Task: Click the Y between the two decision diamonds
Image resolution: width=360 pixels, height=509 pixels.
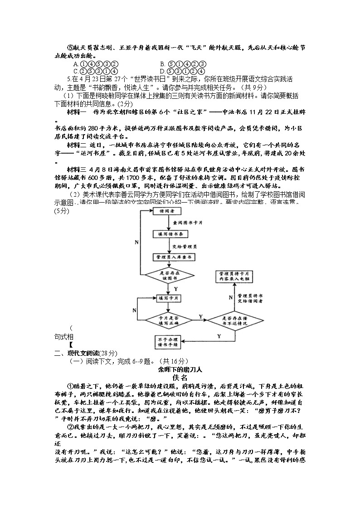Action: pyautogui.click(x=200, y=316)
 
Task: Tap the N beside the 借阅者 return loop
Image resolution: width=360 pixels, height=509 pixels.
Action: pyautogui.click(x=136, y=242)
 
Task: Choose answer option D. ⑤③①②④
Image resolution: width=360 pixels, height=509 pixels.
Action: pyautogui.click(x=183, y=71)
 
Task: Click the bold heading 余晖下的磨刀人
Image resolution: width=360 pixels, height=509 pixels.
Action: pyautogui.click(x=180, y=369)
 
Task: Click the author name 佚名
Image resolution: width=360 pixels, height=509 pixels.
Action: pyautogui.click(x=180, y=377)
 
